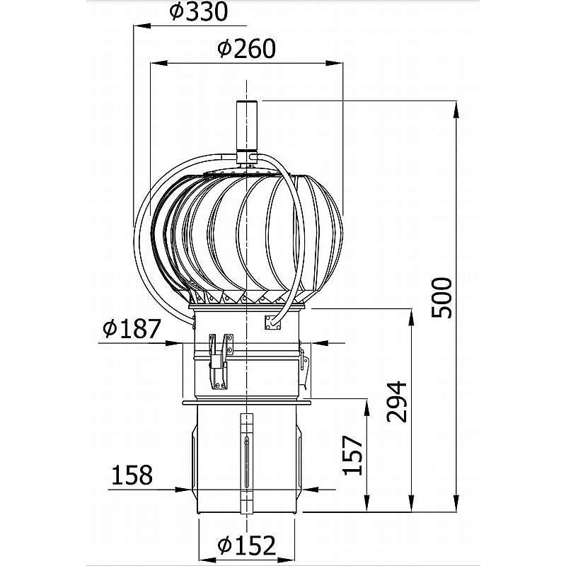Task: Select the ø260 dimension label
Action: pos(246,48)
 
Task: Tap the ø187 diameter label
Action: pos(131,329)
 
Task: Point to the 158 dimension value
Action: pos(131,475)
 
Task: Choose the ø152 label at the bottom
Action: pos(246,544)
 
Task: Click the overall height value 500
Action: pos(442,297)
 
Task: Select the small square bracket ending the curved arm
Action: pos(272,322)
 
